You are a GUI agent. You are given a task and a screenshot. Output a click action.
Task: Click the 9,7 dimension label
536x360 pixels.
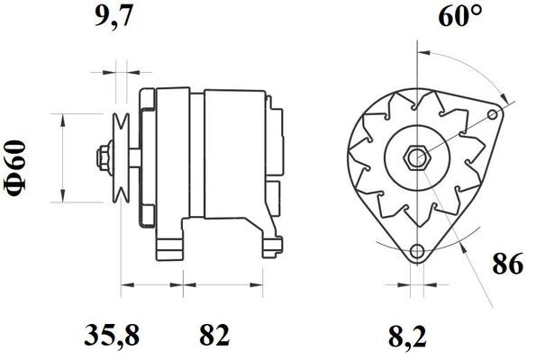[x=114, y=16]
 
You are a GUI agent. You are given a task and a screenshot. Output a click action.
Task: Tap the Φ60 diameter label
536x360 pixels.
[x=15, y=168]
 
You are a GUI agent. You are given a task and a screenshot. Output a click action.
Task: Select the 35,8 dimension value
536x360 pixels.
[x=112, y=336]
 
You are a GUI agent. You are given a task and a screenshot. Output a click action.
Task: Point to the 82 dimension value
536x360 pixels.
[x=214, y=335]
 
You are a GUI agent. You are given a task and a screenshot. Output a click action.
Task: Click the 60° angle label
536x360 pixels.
[x=460, y=15]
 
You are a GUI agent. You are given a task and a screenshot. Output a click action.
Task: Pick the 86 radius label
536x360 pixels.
[x=508, y=263]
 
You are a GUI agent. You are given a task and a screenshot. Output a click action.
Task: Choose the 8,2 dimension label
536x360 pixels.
[x=407, y=336]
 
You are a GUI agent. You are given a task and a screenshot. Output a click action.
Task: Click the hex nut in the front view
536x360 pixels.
[x=417, y=157]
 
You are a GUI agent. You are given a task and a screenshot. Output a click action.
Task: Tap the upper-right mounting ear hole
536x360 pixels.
[x=493, y=114]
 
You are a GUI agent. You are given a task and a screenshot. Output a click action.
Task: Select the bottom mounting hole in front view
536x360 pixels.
[x=417, y=251]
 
